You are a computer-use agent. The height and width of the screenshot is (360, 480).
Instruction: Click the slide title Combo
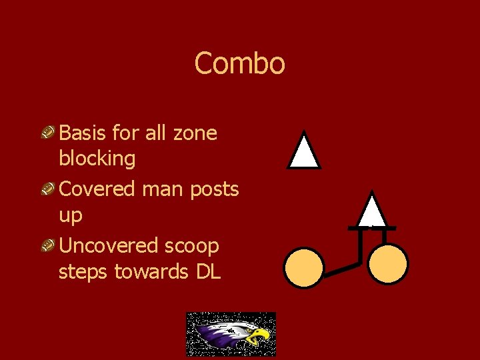pos(239,64)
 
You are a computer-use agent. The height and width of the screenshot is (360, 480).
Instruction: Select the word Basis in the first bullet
pos(82,133)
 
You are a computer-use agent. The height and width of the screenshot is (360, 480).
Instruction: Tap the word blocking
pos(97,159)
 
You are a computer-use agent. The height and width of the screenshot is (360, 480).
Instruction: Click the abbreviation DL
pos(207,272)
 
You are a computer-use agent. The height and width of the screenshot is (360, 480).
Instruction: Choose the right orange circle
pos(388,264)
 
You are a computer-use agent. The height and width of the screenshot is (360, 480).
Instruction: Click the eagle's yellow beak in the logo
pos(259,335)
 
